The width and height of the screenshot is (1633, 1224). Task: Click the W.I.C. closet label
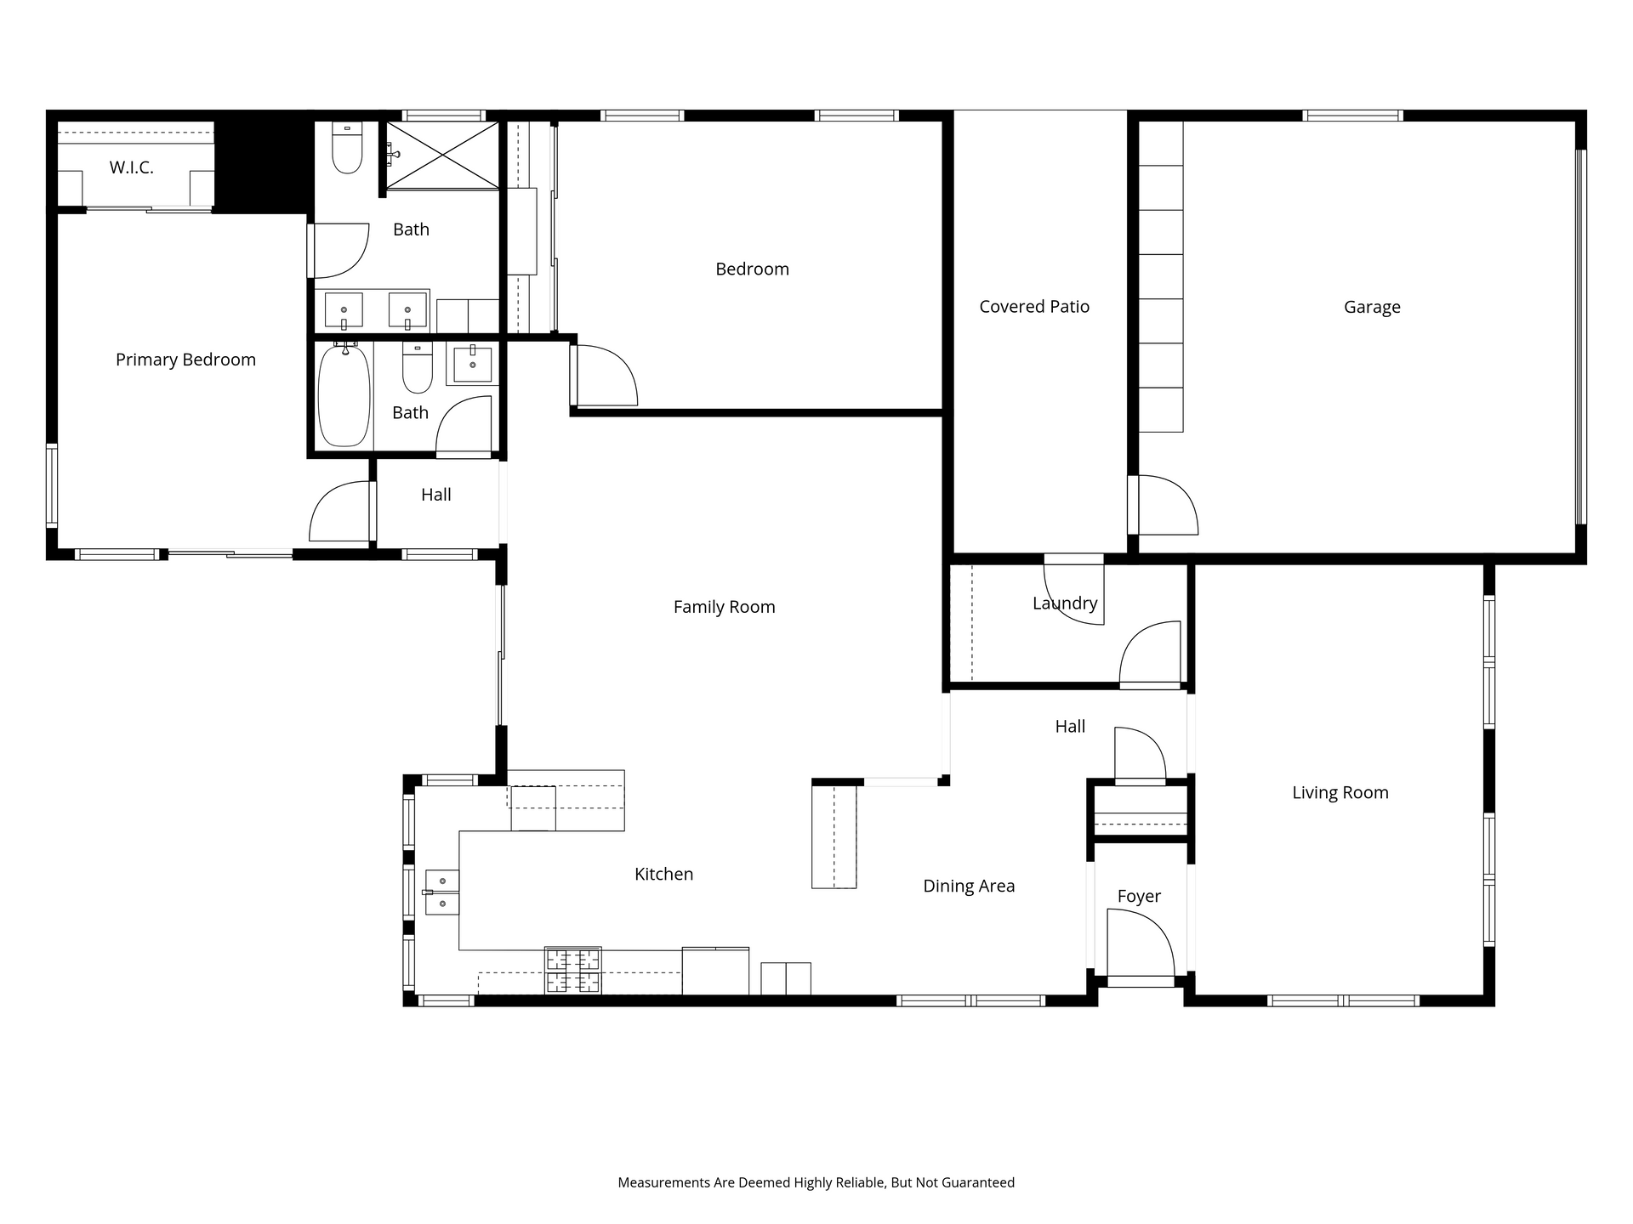click(x=131, y=168)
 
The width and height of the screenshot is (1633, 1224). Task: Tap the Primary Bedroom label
click(x=185, y=360)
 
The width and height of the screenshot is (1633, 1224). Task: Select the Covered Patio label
click(x=1034, y=307)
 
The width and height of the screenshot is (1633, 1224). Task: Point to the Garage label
click(x=1372, y=308)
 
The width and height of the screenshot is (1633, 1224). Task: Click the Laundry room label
click(x=1065, y=603)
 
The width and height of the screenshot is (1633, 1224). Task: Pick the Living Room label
click(x=1340, y=793)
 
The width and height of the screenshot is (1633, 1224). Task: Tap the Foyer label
click(x=1139, y=897)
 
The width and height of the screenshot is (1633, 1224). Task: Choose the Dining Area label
click(x=969, y=887)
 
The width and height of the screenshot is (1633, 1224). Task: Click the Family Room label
click(x=724, y=607)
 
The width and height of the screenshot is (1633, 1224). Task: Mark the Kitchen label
click(x=663, y=875)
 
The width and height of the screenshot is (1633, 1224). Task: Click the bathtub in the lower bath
click(x=344, y=395)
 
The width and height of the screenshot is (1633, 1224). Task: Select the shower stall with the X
click(x=442, y=156)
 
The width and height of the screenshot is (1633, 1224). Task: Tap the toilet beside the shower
click(x=347, y=148)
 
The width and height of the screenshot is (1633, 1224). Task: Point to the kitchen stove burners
click(x=573, y=971)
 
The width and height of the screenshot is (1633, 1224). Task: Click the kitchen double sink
click(x=441, y=892)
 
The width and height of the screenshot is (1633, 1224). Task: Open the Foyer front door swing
click(x=1141, y=943)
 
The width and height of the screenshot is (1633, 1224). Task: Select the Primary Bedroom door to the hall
click(x=341, y=512)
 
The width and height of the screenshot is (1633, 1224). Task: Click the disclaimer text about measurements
click(x=816, y=1182)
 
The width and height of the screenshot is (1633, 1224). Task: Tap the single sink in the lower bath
click(x=472, y=364)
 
